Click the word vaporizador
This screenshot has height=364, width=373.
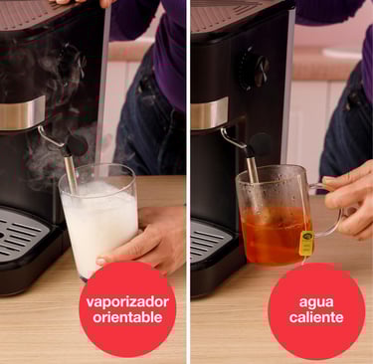point(127,302)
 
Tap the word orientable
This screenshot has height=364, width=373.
point(127,317)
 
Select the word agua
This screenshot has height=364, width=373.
point(316,302)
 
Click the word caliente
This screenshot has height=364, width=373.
point(316,317)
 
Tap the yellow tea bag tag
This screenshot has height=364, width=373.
point(306,244)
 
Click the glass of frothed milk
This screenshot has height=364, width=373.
point(98,221)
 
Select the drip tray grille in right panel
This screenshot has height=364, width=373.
point(209,242)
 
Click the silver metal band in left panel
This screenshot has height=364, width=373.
point(22,113)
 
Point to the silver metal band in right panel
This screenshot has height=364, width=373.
point(209,113)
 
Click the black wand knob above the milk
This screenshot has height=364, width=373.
point(78,145)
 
